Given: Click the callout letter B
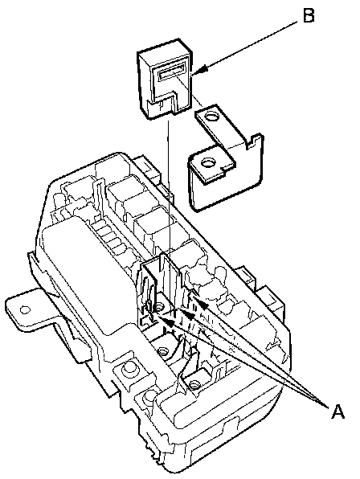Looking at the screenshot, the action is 309,15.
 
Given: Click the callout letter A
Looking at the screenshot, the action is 338,411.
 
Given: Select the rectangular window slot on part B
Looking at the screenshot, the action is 172,72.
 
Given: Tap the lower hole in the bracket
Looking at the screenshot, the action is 208,162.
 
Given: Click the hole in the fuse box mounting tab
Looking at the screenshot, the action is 25,310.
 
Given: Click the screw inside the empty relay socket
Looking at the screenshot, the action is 159,307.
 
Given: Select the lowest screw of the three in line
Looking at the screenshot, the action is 194,384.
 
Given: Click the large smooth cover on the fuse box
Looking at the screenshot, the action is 88,275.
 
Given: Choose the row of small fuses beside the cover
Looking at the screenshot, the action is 111,239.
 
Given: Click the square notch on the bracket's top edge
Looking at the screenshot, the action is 251,143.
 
